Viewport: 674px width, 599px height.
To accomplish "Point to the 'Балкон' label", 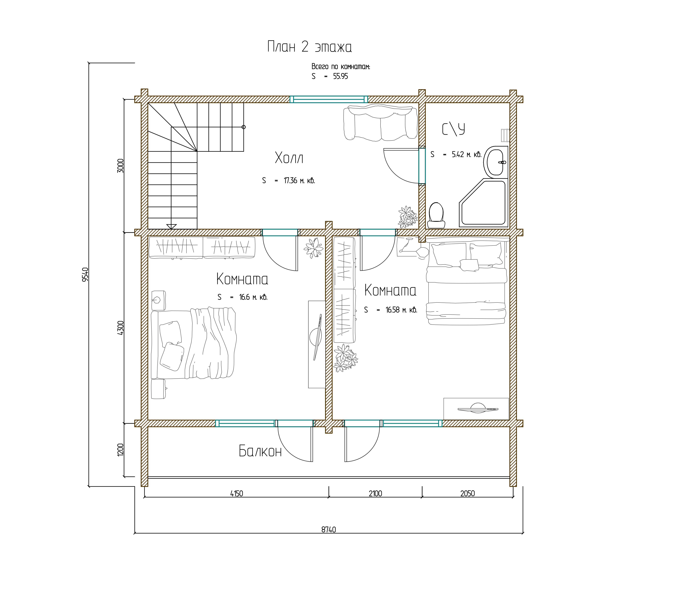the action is [x=260, y=451].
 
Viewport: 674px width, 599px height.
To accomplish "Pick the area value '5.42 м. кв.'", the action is [x=467, y=154].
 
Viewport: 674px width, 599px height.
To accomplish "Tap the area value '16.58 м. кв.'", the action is [x=401, y=310].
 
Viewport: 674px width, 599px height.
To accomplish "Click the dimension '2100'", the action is [x=375, y=494].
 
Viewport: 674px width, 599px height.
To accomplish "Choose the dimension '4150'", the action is [x=237, y=494].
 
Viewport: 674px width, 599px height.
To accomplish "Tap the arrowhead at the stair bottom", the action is [x=172, y=226].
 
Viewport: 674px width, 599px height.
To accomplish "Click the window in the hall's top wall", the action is [x=329, y=99].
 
